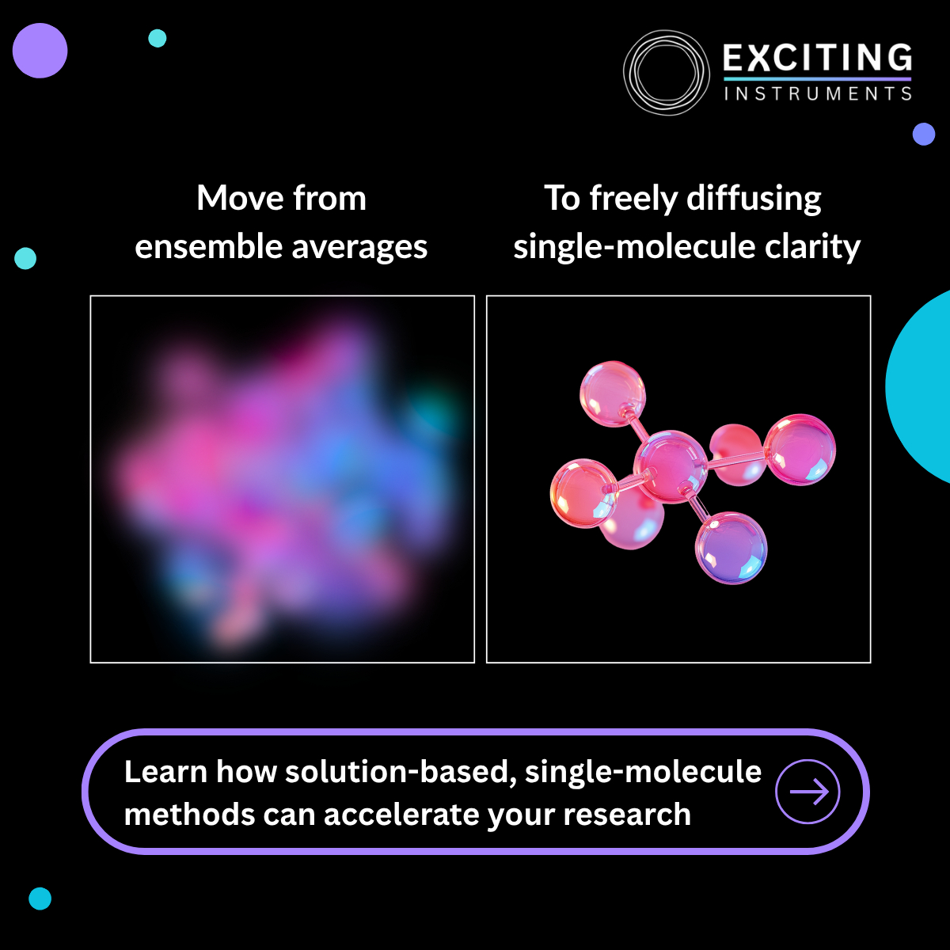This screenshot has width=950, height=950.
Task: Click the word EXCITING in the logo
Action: click(x=817, y=58)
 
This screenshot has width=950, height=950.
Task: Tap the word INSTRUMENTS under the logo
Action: click(x=818, y=93)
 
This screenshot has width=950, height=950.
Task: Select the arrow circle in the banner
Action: click(x=807, y=791)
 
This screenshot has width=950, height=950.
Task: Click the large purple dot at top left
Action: click(x=40, y=51)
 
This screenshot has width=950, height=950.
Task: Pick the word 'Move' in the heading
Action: click(x=240, y=198)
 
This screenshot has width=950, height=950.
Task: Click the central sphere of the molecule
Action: click(x=671, y=466)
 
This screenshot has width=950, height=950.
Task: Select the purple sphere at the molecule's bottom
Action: click(x=731, y=548)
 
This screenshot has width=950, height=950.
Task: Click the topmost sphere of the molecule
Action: click(x=613, y=394)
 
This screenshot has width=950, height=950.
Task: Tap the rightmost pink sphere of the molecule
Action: click(x=800, y=450)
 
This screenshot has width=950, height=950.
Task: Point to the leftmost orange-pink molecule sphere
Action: click(x=584, y=493)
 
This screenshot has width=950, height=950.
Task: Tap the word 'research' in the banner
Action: click(x=627, y=815)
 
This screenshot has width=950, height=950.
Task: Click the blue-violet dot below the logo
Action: click(x=924, y=134)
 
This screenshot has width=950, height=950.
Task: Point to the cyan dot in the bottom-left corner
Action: click(x=40, y=899)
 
